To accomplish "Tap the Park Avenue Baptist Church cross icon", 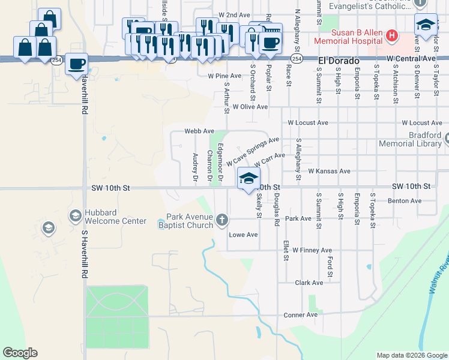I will coord(222,220).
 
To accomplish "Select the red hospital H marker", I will coord(391,36).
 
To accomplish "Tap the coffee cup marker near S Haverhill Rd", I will coord(76,64).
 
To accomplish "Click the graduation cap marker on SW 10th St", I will coord(249,178).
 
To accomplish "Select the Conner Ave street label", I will coord(300,314).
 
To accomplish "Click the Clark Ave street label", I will coord(309,282).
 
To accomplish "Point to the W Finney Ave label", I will coord(312,250).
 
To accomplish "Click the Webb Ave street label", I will coord(199,131).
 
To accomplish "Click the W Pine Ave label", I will coord(224,76).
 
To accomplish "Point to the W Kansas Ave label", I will coord(329,171).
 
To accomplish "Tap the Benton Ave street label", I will coord(402,201).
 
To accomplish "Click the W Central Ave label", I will coord(412,58).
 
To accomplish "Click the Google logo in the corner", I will coord(20,352).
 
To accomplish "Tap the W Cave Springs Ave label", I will coord(253,151).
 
